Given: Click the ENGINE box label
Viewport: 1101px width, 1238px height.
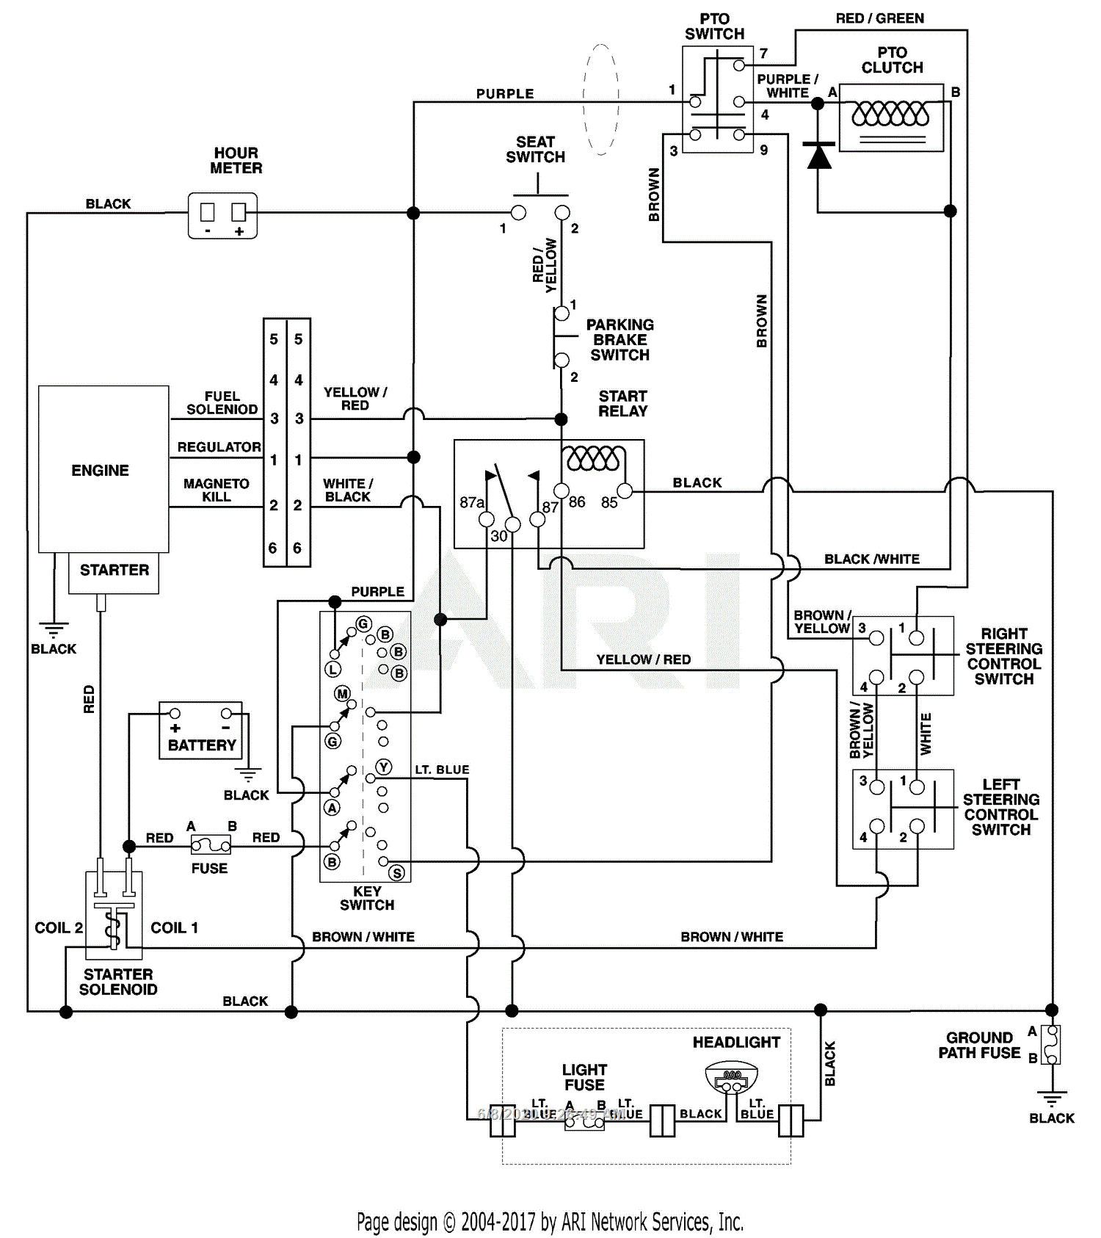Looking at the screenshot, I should pyautogui.click(x=100, y=470).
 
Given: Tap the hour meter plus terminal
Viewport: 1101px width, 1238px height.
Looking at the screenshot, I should pyautogui.click(x=239, y=213).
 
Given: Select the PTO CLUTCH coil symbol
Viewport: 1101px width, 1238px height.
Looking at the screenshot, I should pyautogui.click(x=890, y=114).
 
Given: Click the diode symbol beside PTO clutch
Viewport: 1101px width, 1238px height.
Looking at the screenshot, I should pyautogui.click(x=818, y=156).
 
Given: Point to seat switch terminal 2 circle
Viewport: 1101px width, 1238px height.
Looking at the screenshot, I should pyautogui.click(x=562, y=213).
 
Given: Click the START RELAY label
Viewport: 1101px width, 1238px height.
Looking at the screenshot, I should pyautogui.click(x=622, y=404).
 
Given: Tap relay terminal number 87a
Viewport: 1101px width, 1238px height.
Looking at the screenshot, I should pyautogui.click(x=471, y=502).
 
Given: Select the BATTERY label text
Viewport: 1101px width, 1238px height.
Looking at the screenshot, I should pyautogui.click(x=202, y=745).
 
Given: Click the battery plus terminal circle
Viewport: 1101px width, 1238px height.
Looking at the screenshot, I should pyautogui.click(x=175, y=713).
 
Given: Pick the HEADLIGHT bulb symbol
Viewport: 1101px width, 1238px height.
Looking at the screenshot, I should pyautogui.click(x=731, y=1078).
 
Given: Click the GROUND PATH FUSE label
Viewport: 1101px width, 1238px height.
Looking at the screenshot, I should pyautogui.click(x=979, y=1045).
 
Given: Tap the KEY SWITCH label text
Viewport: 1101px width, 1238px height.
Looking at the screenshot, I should pyautogui.click(x=367, y=898).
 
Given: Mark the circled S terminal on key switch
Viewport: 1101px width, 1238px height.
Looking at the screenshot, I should pyautogui.click(x=397, y=872).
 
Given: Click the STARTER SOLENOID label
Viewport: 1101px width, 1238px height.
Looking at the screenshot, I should pyautogui.click(x=118, y=982).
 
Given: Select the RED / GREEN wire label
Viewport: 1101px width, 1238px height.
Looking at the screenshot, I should pyautogui.click(x=879, y=18).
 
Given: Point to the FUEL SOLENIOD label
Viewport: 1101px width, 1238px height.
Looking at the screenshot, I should pyautogui.click(x=222, y=402).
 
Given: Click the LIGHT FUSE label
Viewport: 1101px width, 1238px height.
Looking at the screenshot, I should pyautogui.click(x=584, y=1077).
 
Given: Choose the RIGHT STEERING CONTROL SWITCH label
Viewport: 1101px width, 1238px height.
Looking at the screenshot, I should pyautogui.click(x=1003, y=656).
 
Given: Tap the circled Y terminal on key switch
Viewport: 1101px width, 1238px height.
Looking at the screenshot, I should pyautogui.click(x=384, y=767).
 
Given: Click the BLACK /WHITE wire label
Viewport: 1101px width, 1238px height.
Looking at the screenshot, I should pyautogui.click(x=871, y=559).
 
